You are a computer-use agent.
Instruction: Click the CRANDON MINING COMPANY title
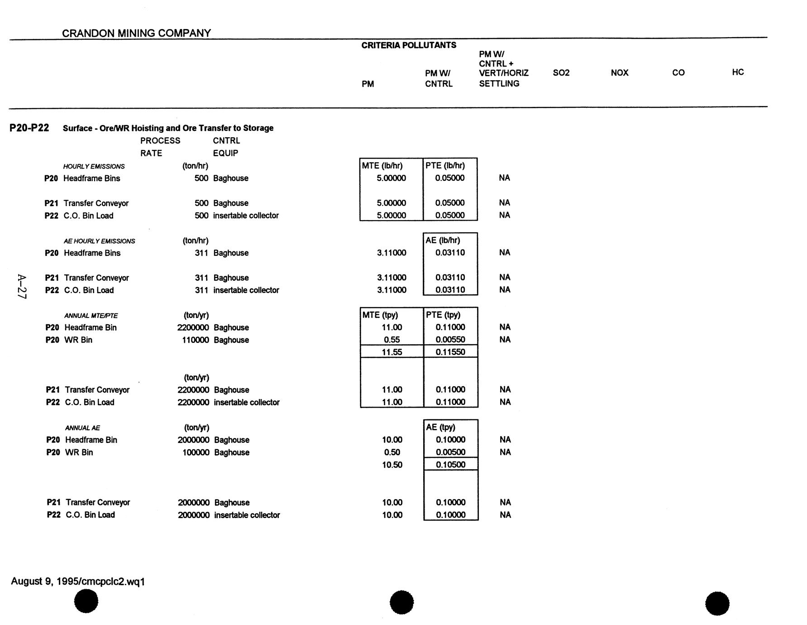(x=136, y=33)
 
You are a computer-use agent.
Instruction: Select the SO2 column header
(x=561, y=72)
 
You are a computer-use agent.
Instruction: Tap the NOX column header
(x=619, y=72)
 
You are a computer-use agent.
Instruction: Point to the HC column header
(x=737, y=72)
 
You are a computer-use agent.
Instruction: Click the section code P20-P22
(x=29, y=128)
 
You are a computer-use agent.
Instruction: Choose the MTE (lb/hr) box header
(x=382, y=166)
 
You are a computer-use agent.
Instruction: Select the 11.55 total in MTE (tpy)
(x=392, y=352)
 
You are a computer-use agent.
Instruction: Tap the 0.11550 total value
(x=450, y=352)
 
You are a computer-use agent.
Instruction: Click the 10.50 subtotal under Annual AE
(x=392, y=465)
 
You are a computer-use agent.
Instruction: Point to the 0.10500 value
(x=450, y=465)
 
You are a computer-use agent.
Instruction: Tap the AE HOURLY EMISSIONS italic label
(x=99, y=241)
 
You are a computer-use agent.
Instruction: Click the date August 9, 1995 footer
(x=78, y=582)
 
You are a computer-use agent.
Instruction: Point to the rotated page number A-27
(x=22, y=286)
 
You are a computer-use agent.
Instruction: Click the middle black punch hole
(x=401, y=602)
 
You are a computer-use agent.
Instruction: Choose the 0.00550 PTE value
(x=450, y=340)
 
